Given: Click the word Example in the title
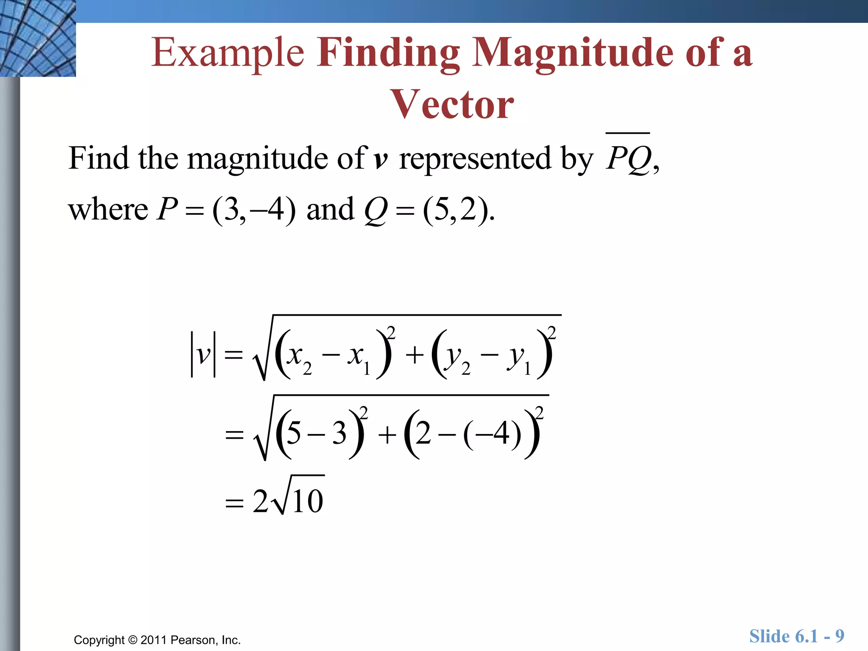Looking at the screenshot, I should tap(228, 53).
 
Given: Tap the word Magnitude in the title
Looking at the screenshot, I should tap(573, 53).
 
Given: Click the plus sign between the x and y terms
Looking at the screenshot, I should tap(415, 355).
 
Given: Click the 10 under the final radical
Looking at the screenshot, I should tap(307, 501).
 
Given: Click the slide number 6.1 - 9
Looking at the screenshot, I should tap(796, 636).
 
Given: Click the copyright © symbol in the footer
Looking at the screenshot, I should tap(133, 640).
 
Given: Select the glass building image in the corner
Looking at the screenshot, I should tap(38, 38).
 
